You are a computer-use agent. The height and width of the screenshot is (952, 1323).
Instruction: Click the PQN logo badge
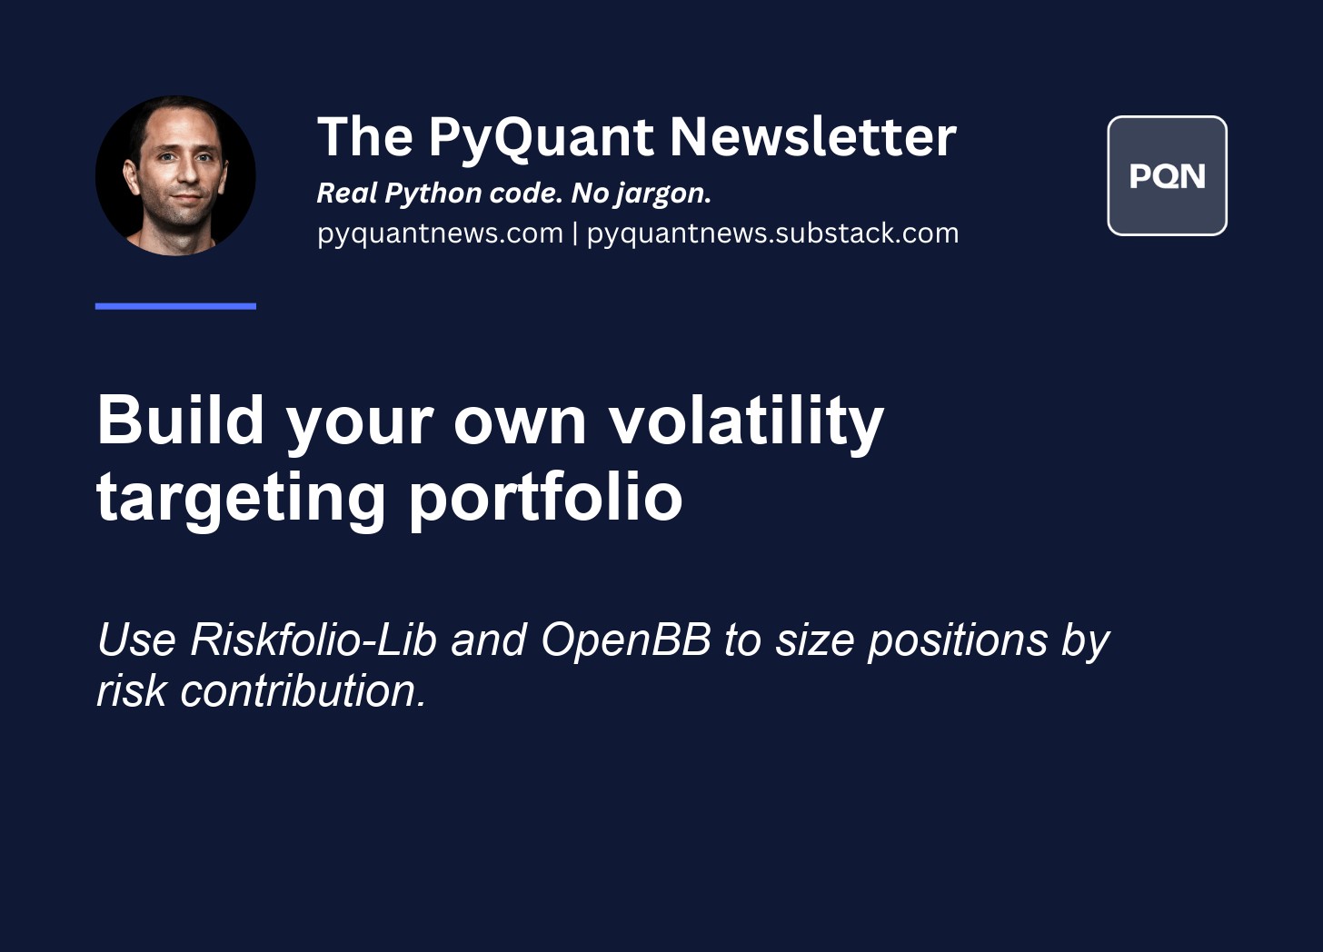[x=1167, y=176]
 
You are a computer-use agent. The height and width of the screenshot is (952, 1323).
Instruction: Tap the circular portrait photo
[x=175, y=175]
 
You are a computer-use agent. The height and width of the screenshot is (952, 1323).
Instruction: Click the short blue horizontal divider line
[x=175, y=306]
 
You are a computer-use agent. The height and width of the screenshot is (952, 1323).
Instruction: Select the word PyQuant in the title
[x=541, y=139]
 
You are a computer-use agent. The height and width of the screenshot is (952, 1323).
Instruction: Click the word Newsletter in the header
[x=812, y=136]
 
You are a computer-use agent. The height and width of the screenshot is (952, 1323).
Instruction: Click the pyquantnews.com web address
[x=440, y=233]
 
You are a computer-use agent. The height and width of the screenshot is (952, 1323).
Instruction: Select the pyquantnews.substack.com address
[x=772, y=233]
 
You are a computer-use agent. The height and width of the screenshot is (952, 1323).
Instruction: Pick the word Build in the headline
[x=180, y=420]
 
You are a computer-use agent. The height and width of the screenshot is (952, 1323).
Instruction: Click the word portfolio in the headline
[x=546, y=497]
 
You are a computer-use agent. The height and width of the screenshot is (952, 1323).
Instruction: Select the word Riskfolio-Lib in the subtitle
[x=313, y=639]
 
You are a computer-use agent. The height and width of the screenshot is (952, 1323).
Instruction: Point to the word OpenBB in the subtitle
[x=626, y=640]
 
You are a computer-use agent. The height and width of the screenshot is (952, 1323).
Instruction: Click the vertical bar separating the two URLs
[x=574, y=233]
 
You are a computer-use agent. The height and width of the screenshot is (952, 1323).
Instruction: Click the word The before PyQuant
[x=365, y=136]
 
